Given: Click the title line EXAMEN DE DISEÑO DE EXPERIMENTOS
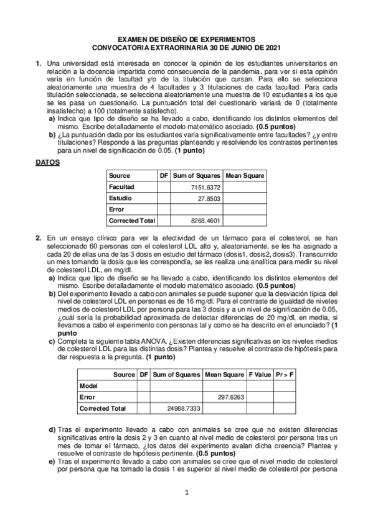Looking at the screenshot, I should pyautogui.click(x=186, y=39).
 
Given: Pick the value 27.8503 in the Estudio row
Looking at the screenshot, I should pyautogui.click(x=209, y=198).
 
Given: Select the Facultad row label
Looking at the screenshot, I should pyautogui.click(x=121, y=186).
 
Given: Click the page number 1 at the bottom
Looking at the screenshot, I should pyautogui.click(x=186, y=493).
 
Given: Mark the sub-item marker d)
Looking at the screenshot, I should pyautogui.click(x=52, y=430).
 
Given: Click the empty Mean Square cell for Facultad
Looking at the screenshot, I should pyautogui.click(x=244, y=186).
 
